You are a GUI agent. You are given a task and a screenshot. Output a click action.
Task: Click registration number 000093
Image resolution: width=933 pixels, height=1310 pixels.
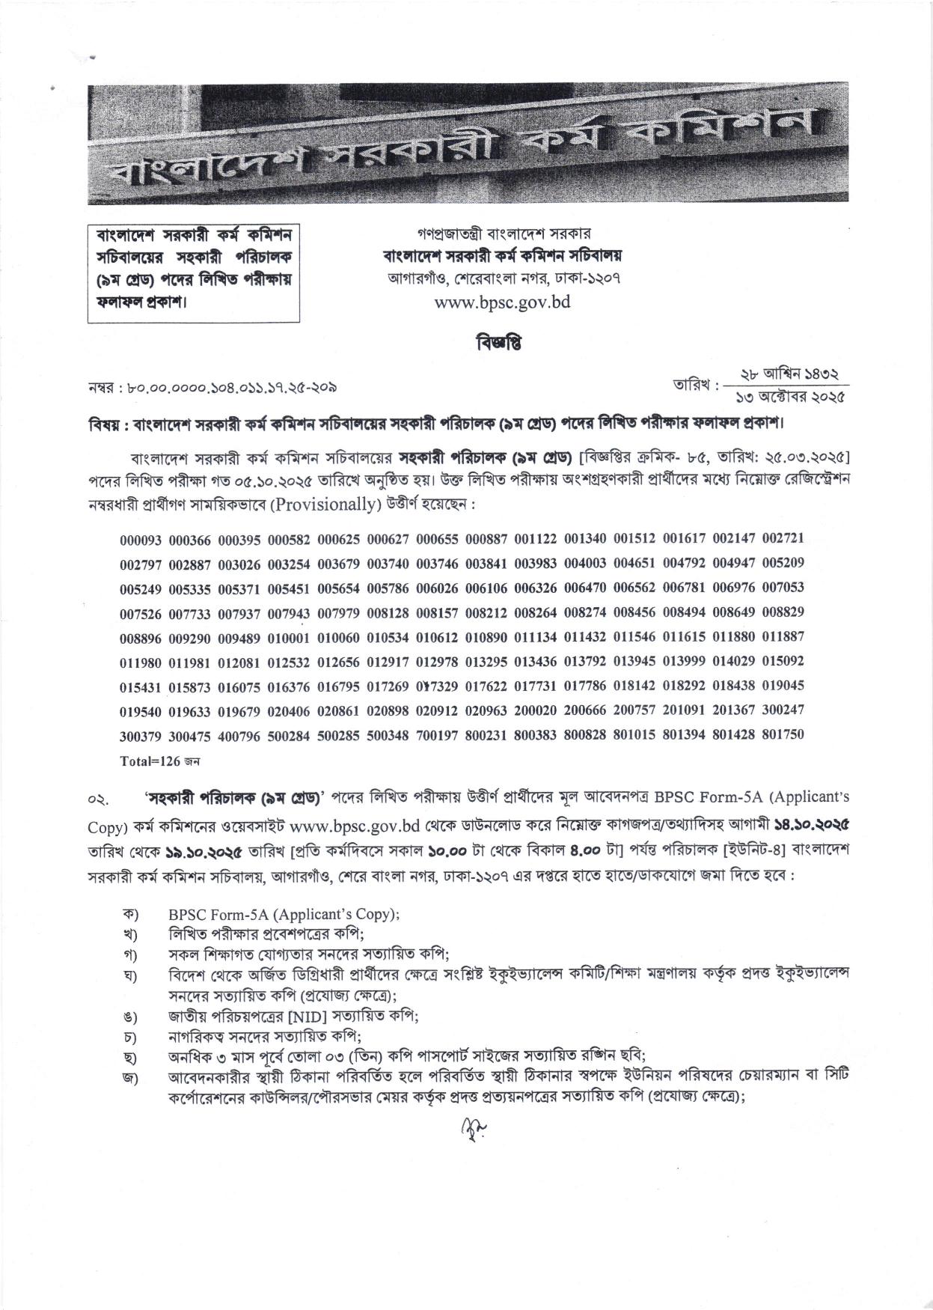pyautogui.click(x=141, y=538)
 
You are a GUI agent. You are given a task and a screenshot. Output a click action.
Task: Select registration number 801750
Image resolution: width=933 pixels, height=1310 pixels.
pyautogui.click(x=783, y=735)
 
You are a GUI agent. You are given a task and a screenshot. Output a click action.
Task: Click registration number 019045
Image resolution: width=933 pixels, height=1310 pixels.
pyautogui.click(x=783, y=686)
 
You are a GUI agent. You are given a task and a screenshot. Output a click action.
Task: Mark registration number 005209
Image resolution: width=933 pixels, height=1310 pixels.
pyautogui.click(x=783, y=563)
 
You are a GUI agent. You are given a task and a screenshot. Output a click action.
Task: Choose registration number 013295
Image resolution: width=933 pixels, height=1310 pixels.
pyautogui.click(x=486, y=662)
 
